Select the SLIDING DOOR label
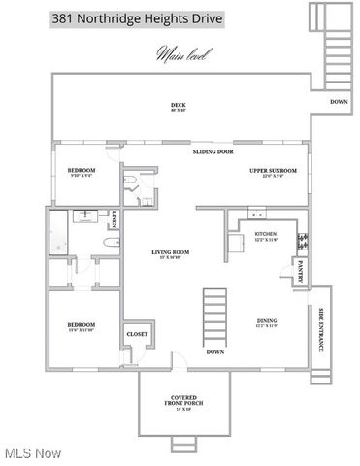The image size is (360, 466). pos(213,152)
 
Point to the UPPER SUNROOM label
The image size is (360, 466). pos(274,172)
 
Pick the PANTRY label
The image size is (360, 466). pos(301,267)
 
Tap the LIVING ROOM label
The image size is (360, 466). pos(170,254)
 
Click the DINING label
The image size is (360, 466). pos(266,322)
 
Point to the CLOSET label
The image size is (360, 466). pos(137,335)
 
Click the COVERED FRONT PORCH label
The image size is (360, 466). pos(183,402)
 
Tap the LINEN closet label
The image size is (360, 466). pos(115,220)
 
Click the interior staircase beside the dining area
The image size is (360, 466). pos(214,316)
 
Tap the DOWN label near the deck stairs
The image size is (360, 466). pos(339,102)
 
